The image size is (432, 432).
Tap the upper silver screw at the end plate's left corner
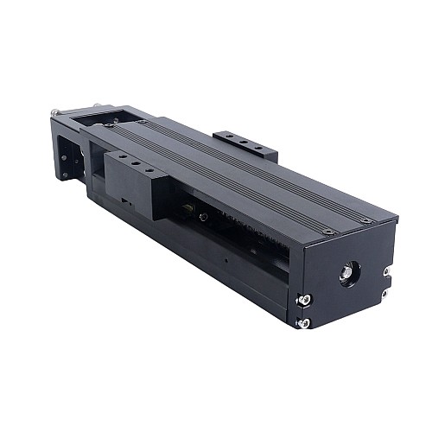point(305,300)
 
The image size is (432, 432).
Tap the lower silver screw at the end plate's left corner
point(304,323)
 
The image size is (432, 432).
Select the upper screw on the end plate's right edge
point(386,271)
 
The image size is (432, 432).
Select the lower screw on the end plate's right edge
point(385,293)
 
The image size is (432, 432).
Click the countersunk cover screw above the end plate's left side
point(329,232)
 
